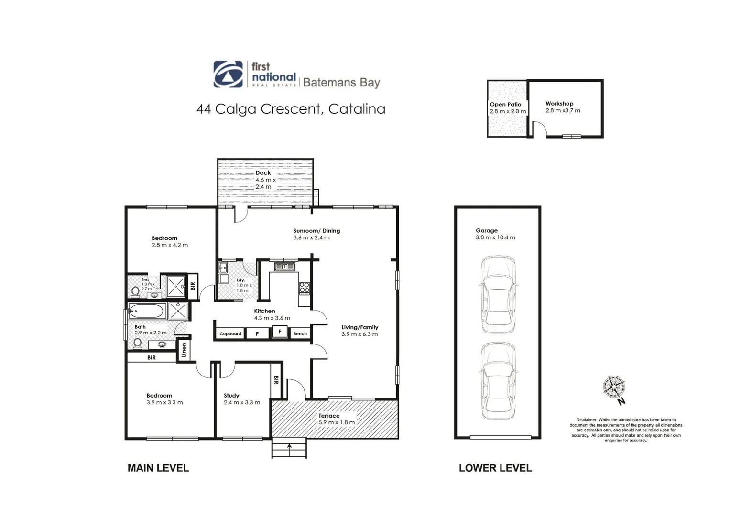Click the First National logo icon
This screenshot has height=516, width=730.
point(228,74)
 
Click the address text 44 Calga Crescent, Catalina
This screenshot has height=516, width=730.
point(291,109)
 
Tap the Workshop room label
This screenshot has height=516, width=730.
point(559,104)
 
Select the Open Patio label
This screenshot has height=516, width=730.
point(505,105)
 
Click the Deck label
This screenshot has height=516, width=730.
point(263,173)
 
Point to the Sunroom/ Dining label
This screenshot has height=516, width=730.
point(316,231)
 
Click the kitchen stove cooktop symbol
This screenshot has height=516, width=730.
point(304,288)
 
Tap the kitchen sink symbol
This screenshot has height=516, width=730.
point(284,266)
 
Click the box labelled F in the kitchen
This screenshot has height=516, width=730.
point(280,332)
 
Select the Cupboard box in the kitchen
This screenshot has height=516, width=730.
point(230,333)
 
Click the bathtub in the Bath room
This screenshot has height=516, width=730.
point(147,312)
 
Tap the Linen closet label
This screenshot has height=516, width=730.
point(184,351)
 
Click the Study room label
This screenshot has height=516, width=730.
point(231,396)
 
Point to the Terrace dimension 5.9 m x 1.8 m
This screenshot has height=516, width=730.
point(337,422)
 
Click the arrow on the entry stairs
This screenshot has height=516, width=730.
point(289,447)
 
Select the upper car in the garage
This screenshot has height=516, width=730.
point(498,294)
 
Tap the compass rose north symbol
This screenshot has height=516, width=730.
point(614,387)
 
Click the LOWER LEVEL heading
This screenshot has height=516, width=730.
point(495,468)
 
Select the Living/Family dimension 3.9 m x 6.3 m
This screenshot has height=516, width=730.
point(360,334)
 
